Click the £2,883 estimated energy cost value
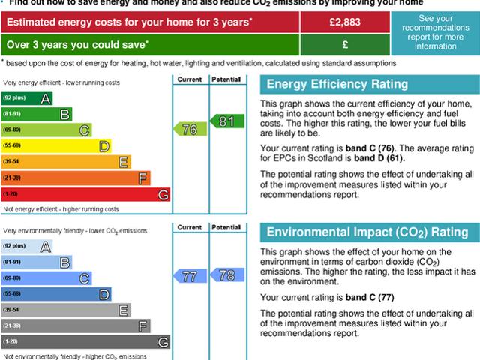pos(345,22)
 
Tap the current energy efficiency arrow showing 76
pos(187,130)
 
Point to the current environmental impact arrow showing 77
pos(188,277)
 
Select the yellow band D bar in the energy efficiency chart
pos(56,146)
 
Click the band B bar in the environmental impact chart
pos(37,262)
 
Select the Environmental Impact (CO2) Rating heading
pos(366,232)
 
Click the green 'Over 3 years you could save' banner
pos(150,43)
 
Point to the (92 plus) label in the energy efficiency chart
pos(14,98)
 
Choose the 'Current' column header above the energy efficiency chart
pos(190,79)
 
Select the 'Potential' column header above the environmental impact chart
pos(226,226)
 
